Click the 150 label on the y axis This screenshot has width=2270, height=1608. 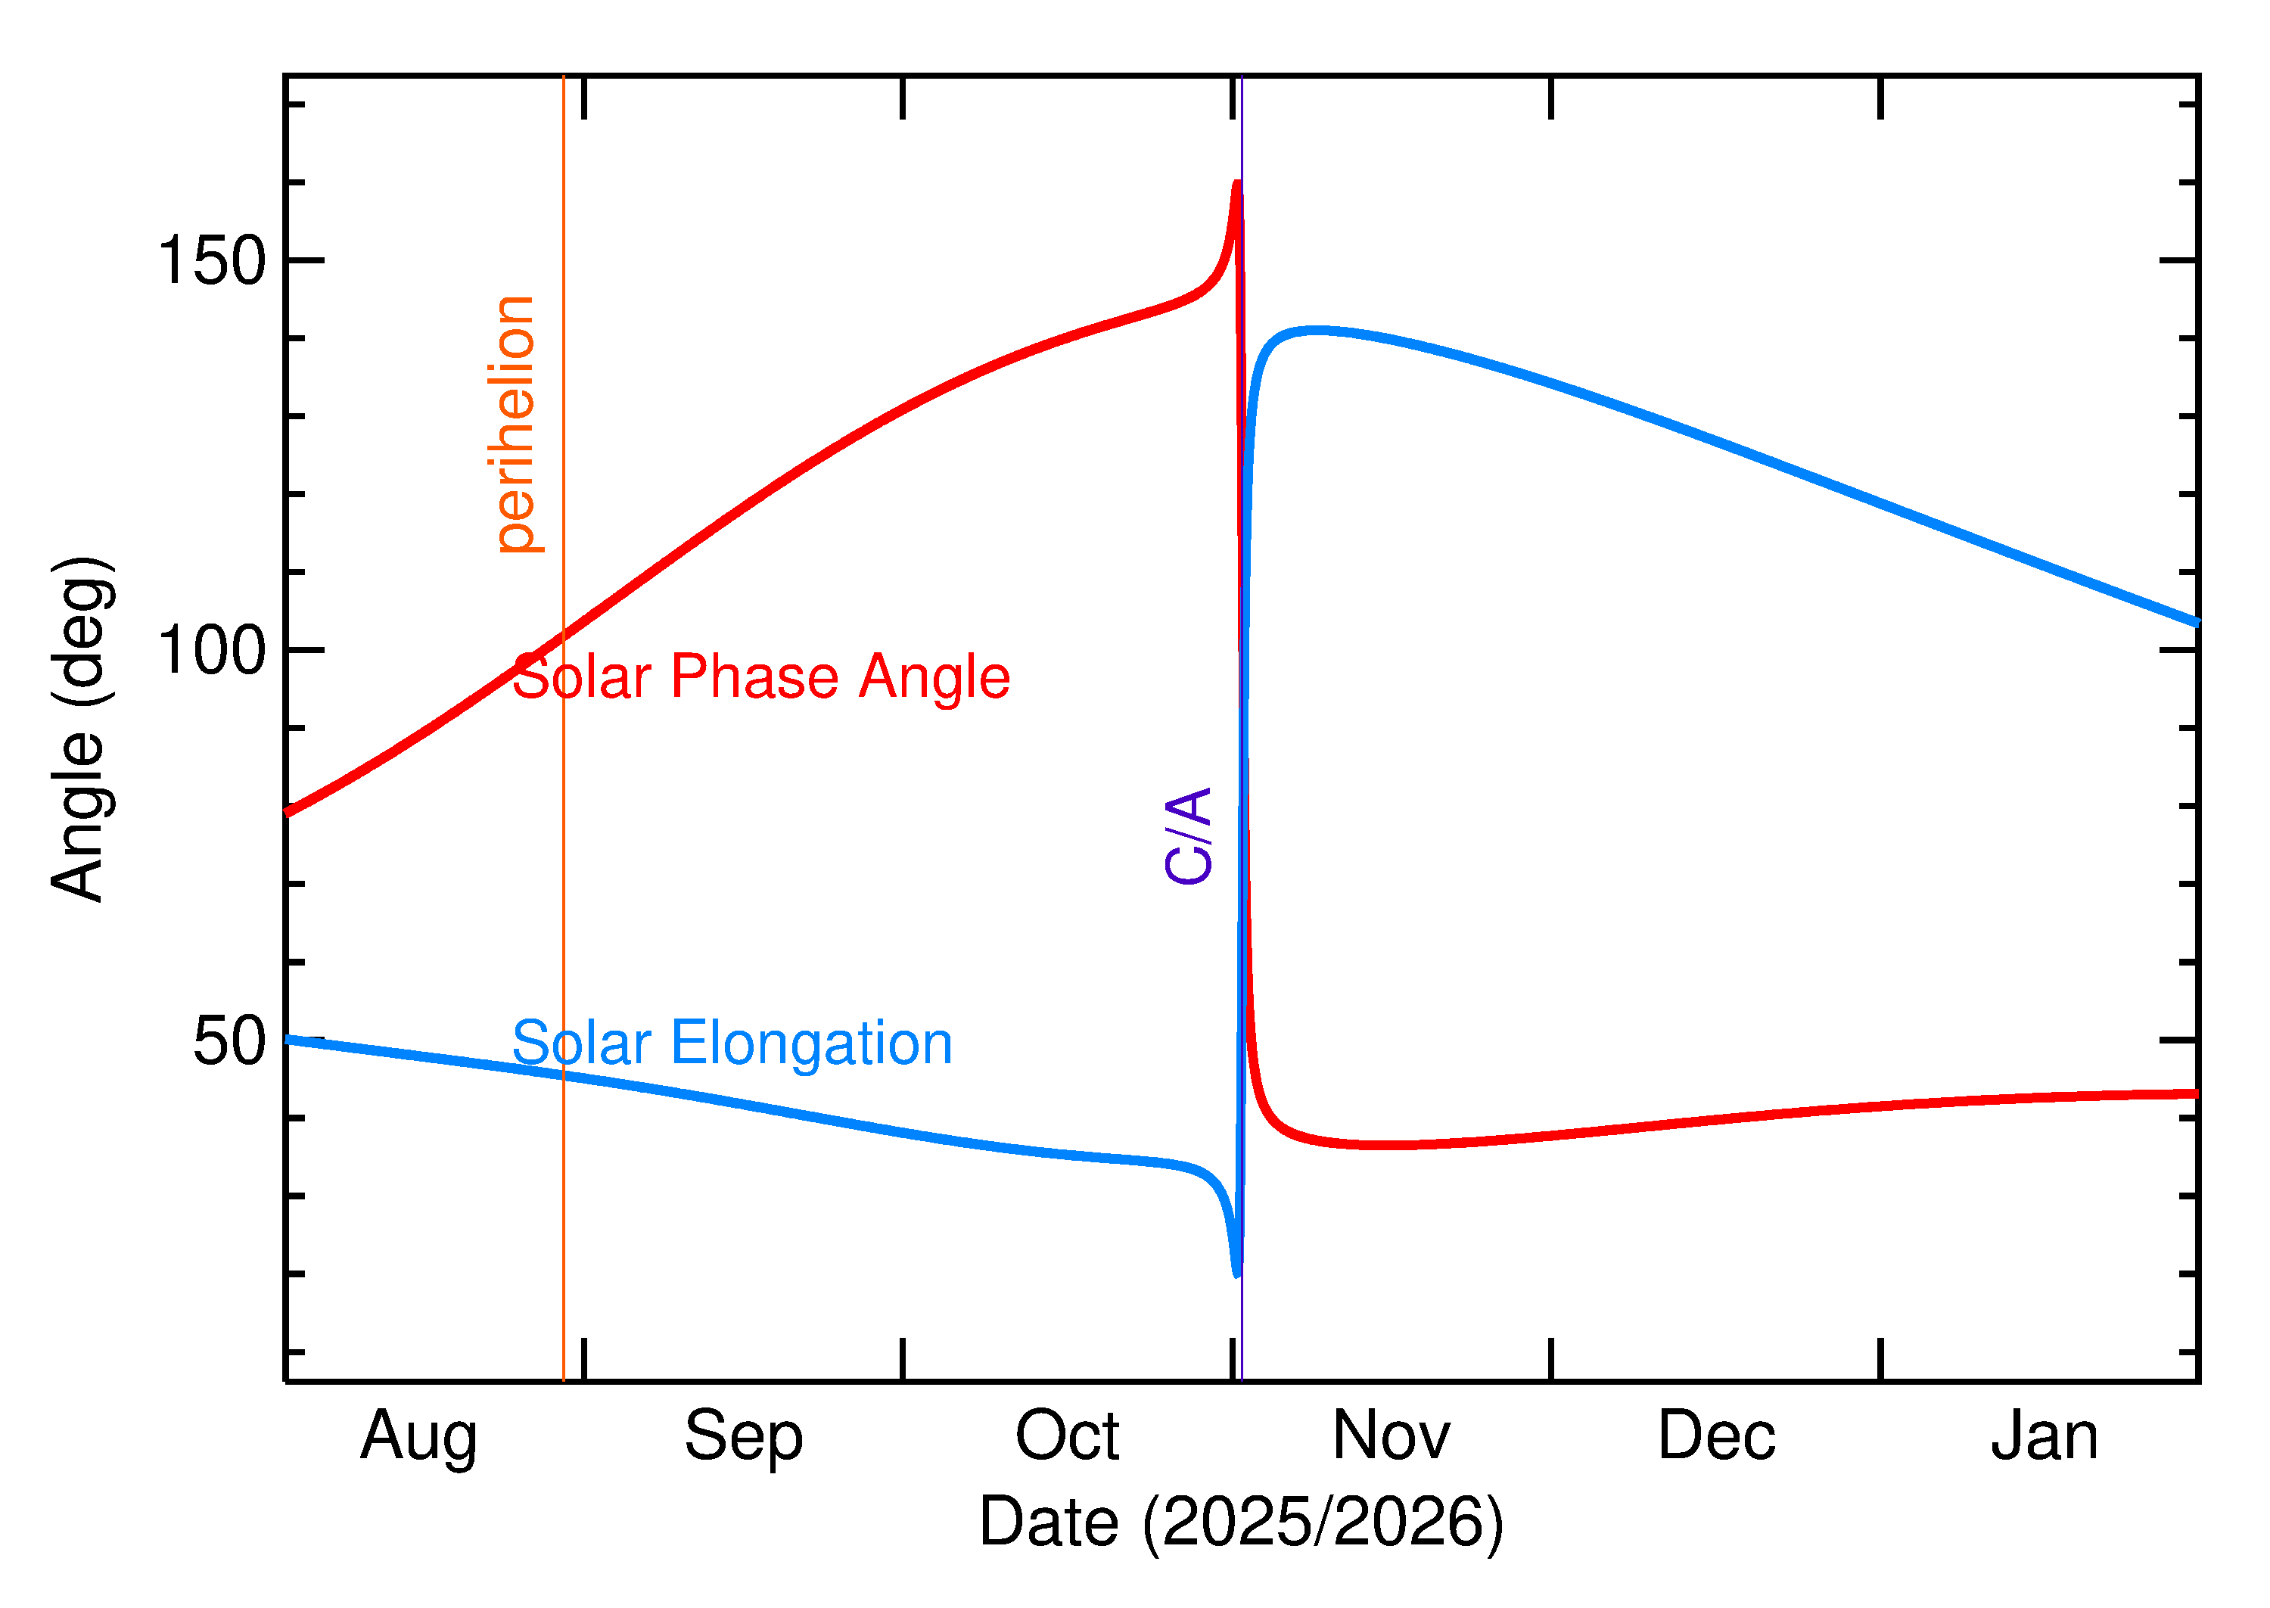(x=212, y=261)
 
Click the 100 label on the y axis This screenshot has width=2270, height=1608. (x=212, y=652)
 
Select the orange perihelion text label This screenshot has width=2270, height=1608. (x=515, y=424)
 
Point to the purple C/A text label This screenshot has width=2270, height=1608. (x=1189, y=835)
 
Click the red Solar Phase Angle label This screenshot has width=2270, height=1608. (x=760, y=678)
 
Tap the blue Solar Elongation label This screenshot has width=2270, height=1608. (x=732, y=1043)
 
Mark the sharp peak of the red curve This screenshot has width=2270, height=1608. (x=1237, y=184)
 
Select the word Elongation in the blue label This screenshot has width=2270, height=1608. (x=812, y=1043)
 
